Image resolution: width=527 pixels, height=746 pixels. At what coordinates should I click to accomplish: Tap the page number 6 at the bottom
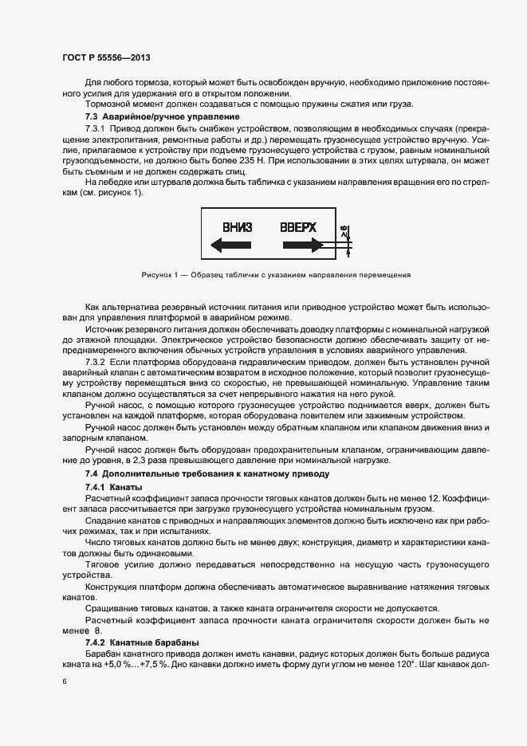tap(64, 681)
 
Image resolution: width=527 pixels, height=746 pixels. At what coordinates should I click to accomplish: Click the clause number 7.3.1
tap(96, 128)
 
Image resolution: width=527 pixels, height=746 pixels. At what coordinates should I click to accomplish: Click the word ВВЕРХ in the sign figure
tap(298, 227)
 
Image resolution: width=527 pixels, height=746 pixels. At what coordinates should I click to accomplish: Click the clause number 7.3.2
tap(96, 361)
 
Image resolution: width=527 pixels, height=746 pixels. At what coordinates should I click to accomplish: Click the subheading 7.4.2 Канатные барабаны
tap(136, 642)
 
